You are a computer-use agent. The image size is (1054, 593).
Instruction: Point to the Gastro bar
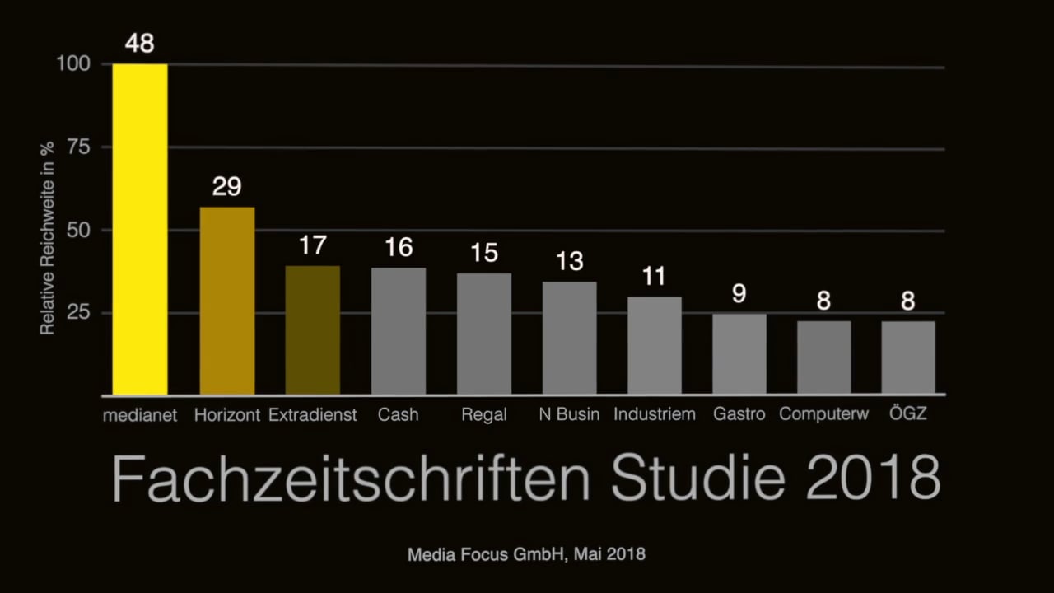(739, 353)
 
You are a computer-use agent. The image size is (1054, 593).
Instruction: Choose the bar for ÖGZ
(908, 357)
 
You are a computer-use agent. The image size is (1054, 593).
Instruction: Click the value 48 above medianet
(140, 43)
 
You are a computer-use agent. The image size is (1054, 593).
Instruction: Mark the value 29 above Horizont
(227, 186)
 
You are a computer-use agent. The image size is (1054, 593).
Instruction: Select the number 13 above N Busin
(569, 261)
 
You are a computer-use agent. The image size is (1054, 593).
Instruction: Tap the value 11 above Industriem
(654, 276)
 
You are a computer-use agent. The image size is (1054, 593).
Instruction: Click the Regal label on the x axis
(484, 414)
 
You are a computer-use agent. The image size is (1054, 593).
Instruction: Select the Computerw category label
(823, 414)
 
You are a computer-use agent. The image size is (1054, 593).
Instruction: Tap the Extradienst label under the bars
(313, 414)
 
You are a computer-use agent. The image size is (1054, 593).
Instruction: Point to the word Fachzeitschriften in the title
(351, 478)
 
